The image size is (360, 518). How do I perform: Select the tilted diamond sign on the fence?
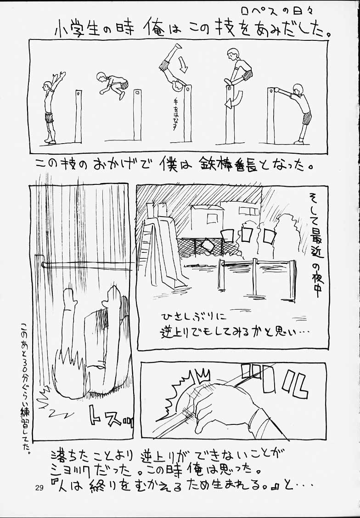click(207, 245)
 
